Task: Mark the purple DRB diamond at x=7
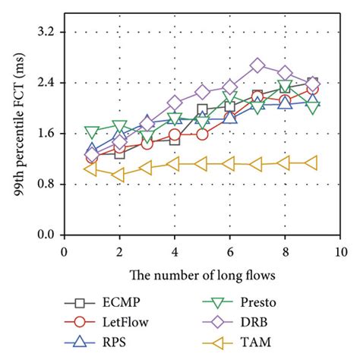[x=257, y=66]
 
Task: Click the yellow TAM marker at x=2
[x=118, y=175]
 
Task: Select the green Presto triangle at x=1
[x=92, y=132]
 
